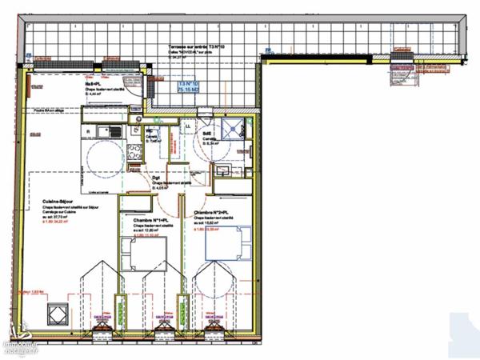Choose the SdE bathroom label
(x=206, y=134)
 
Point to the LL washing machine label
(x=189, y=126)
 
